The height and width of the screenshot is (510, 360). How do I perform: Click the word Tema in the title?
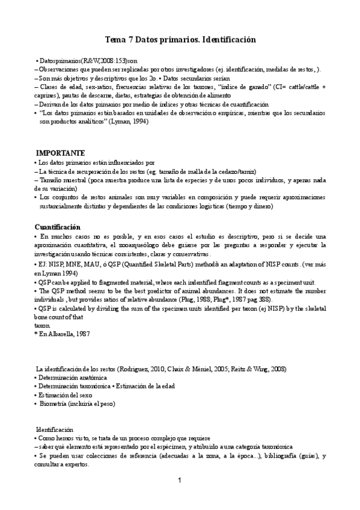point(115,40)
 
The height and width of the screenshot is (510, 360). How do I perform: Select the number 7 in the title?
point(131,40)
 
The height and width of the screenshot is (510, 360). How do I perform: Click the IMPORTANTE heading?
point(60,153)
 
